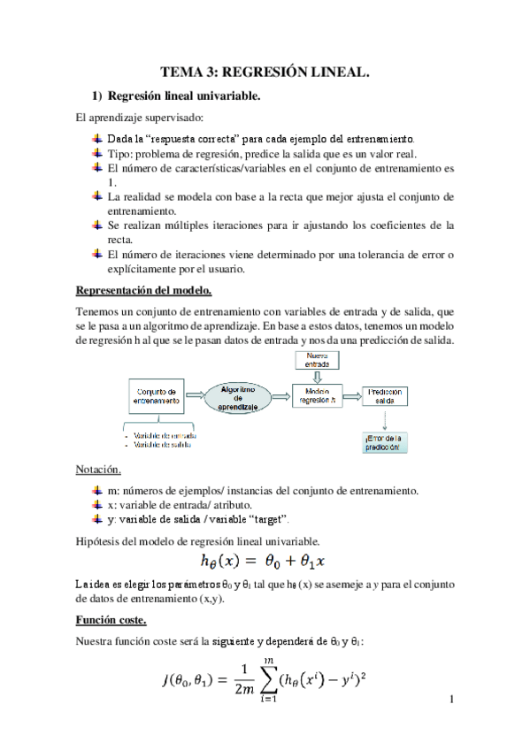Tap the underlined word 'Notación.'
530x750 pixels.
coord(98,469)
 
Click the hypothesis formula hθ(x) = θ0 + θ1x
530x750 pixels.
coord(265,561)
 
